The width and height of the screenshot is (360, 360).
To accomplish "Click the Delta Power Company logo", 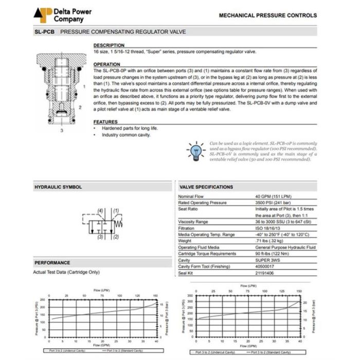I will (58, 15).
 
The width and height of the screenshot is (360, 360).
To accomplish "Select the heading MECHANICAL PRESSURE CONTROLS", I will (267, 15).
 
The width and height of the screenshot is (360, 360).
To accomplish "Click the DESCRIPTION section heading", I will (109, 45).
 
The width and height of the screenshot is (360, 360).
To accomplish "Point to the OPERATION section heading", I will (106, 64).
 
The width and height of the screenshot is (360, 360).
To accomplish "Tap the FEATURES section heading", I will (105, 121).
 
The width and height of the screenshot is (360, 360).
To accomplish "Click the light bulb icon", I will (196, 151).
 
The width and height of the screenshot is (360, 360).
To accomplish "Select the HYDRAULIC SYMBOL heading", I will (58, 187).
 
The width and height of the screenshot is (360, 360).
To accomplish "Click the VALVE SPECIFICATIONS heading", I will (206, 187).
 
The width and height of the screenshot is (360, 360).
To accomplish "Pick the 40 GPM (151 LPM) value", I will (274, 197).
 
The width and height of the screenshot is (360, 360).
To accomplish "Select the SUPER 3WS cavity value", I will (268, 260).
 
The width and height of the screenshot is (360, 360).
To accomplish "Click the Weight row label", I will (185, 241).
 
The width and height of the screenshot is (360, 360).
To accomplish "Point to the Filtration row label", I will (187, 228).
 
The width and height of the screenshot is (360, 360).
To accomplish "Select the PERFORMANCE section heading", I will (52, 263).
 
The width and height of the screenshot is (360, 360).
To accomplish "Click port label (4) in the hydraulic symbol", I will (100, 211).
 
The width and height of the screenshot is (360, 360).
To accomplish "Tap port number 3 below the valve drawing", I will (62, 131).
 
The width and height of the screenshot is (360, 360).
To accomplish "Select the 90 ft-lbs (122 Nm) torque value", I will (273, 254).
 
